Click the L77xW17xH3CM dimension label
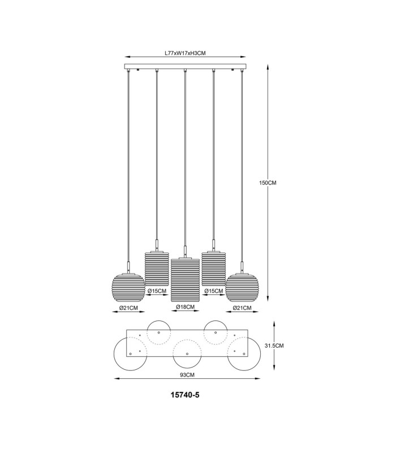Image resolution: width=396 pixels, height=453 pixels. [185, 53]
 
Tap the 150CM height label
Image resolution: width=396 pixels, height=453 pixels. [268, 183]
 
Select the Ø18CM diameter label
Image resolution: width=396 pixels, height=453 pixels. [186, 306]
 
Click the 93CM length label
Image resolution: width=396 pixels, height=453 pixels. [187, 375]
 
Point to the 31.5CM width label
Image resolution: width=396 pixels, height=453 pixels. [274, 345]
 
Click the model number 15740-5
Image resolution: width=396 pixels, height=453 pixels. [185, 395]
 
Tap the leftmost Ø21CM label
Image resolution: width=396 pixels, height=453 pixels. [129, 308]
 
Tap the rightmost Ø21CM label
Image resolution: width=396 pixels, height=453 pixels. [242, 308]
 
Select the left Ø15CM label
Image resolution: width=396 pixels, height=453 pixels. [157, 290]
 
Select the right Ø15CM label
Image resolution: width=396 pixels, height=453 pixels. [214, 290]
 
